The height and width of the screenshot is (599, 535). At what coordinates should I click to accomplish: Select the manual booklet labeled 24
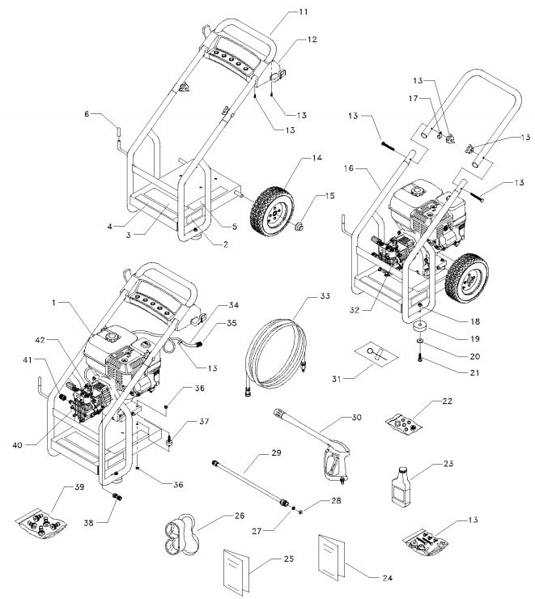(x=334, y=556)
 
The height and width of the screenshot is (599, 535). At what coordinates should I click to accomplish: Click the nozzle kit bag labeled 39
(x=43, y=523)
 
